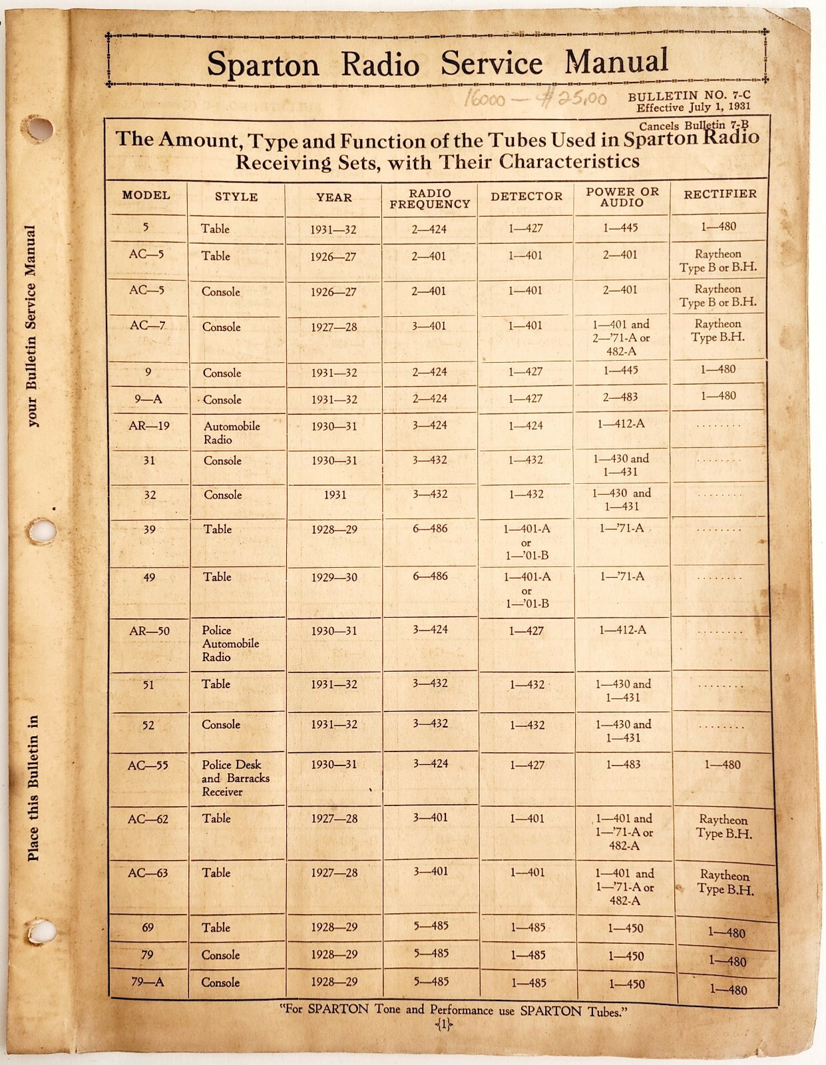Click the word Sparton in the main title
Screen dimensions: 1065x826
tap(262, 65)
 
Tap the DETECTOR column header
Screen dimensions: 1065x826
tap(526, 196)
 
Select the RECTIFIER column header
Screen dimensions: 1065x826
tap(720, 194)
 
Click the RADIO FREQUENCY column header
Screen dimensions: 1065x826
tap(430, 199)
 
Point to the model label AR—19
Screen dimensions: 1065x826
tap(148, 426)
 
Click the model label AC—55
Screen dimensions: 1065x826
tap(148, 765)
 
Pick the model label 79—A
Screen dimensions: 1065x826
tap(148, 982)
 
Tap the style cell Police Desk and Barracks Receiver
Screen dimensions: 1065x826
tap(236, 778)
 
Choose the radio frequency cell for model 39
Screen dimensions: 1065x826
tap(430, 529)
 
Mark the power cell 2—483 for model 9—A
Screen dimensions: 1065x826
tap(622, 397)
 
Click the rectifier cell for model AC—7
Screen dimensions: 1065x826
tap(718, 330)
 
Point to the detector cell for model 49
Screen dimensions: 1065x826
tap(526, 590)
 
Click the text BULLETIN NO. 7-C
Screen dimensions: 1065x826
tap(689, 96)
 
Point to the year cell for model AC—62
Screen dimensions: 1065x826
tap(333, 818)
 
